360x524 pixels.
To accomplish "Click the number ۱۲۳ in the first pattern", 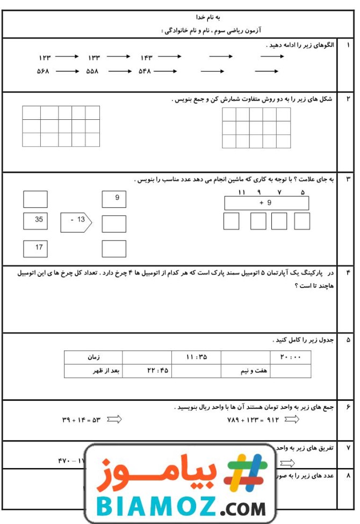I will click(44, 57).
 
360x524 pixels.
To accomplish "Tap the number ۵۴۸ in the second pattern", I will click(146, 71).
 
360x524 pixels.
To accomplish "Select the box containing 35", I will click(35, 220).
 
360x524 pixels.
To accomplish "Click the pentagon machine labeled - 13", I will click(76, 220).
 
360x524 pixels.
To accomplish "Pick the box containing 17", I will click(35, 248).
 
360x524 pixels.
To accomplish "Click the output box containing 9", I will click(114, 199).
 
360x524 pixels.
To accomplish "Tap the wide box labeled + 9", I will click(266, 203).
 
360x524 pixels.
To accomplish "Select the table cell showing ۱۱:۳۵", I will click(196, 357).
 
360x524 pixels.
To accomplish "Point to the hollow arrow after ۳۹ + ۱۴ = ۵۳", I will click(114, 419).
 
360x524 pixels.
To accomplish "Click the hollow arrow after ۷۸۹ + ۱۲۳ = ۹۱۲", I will click(292, 419).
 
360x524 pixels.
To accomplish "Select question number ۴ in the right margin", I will click(348, 272).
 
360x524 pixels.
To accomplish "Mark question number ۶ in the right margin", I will click(348, 407).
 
